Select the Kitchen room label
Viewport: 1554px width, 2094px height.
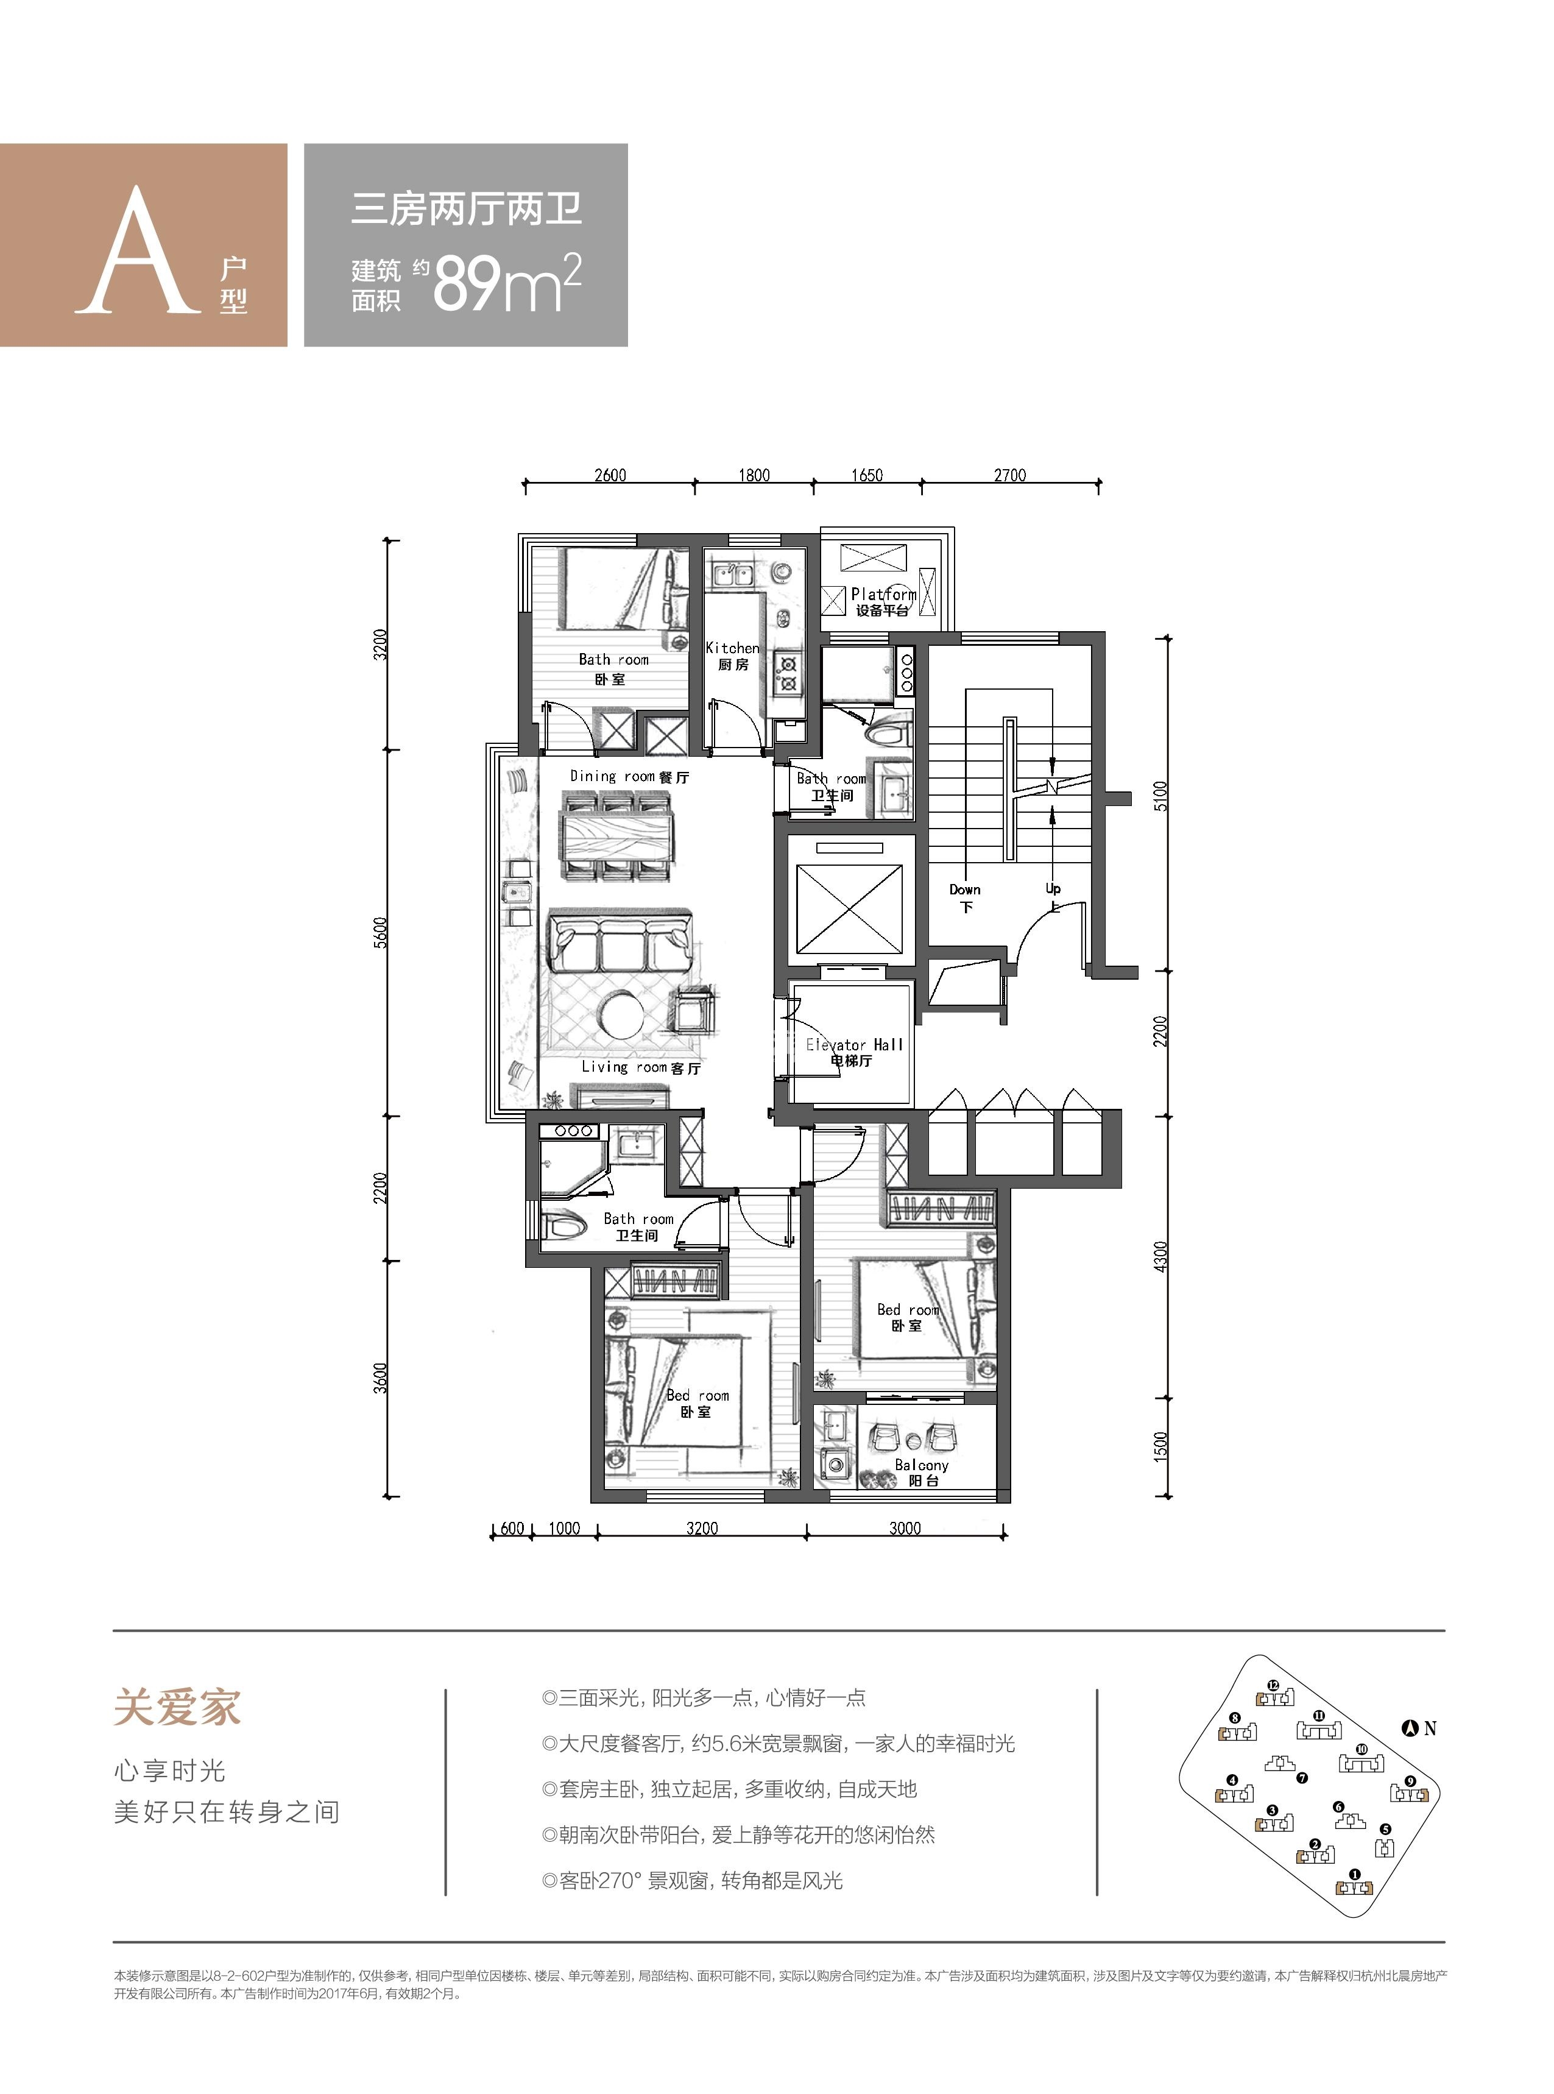pyautogui.click(x=733, y=656)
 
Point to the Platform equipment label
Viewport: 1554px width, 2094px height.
pyautogui.click(x=882, y=602)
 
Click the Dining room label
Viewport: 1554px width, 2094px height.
pyautogui.click(x=629, y=776)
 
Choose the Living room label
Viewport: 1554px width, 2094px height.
pyautogui.click(x=641, y=1067)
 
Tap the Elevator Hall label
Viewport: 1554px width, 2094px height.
pyautogui.click(x=853, y=1052)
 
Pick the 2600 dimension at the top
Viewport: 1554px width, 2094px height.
pyautogui.click(x=610, y=475)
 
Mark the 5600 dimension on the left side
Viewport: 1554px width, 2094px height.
pyautogui.click(x=380, y=932)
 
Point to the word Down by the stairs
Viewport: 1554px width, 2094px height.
pyautogui.click(x=965, y=889)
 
